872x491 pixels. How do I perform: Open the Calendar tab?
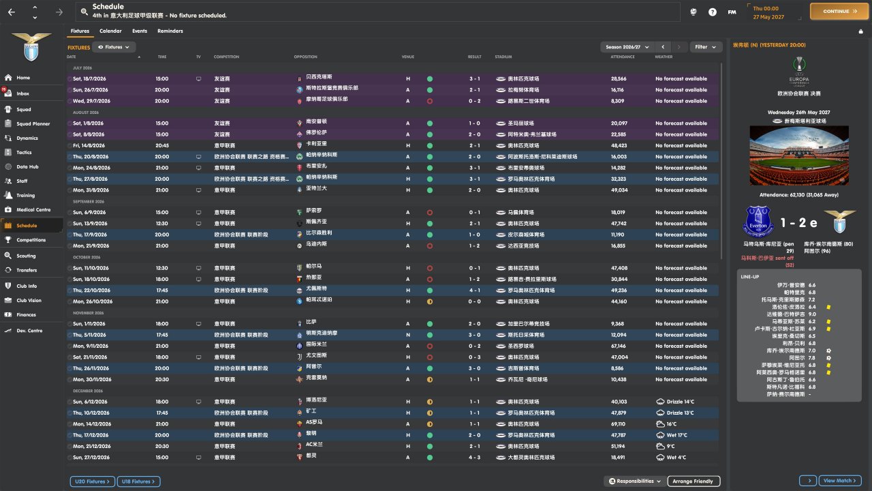coord(110,31)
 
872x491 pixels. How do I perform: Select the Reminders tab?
coord(170,31)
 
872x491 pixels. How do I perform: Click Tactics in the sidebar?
coord(24,152)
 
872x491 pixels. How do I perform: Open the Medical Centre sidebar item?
coord(33,209)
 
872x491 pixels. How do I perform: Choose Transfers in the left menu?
coord(27,270)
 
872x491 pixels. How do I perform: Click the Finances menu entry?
coord(26,314)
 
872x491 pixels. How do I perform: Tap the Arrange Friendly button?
coord(693,481)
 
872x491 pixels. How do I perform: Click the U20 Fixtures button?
coord(91,481)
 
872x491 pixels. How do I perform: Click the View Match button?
coord(839,481)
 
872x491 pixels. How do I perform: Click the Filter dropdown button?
coord(706,47)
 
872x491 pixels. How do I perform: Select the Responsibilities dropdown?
coord(634,481)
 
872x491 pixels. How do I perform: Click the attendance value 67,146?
coord(619,346)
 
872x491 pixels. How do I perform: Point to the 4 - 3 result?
coord(474,458)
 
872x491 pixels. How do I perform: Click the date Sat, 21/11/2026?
coord(91,357)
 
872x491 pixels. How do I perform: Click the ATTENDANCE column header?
coord(623,57)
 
